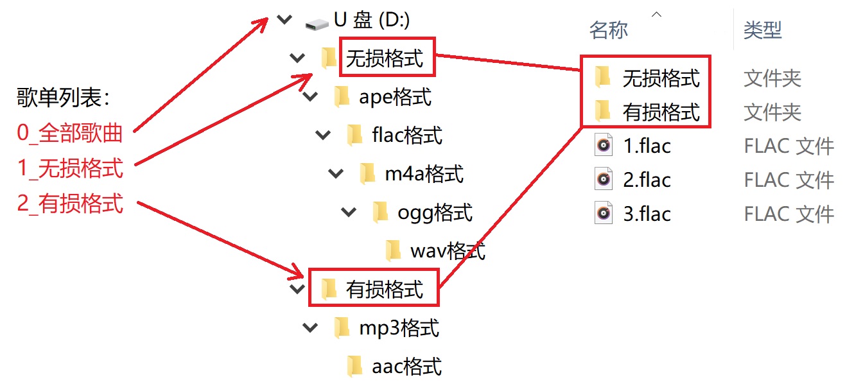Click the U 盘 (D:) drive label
[372, 21]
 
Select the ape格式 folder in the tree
[395, 98]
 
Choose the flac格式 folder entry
[407, 136]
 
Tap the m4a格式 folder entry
[424, 174]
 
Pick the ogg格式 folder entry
[435, 213]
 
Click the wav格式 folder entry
[447, 251]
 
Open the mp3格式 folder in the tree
[399, 328]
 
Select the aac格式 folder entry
[406, 367]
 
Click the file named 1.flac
[647, 146]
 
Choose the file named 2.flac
[647, 180]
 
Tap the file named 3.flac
[647, 214]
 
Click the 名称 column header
[608, 30]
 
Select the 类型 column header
[762, 30]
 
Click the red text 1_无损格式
[70, 169]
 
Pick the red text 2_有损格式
[70, 204]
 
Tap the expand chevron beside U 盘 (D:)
[284, 21]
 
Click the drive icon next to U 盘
[317, 22]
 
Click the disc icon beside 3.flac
[603, 214]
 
